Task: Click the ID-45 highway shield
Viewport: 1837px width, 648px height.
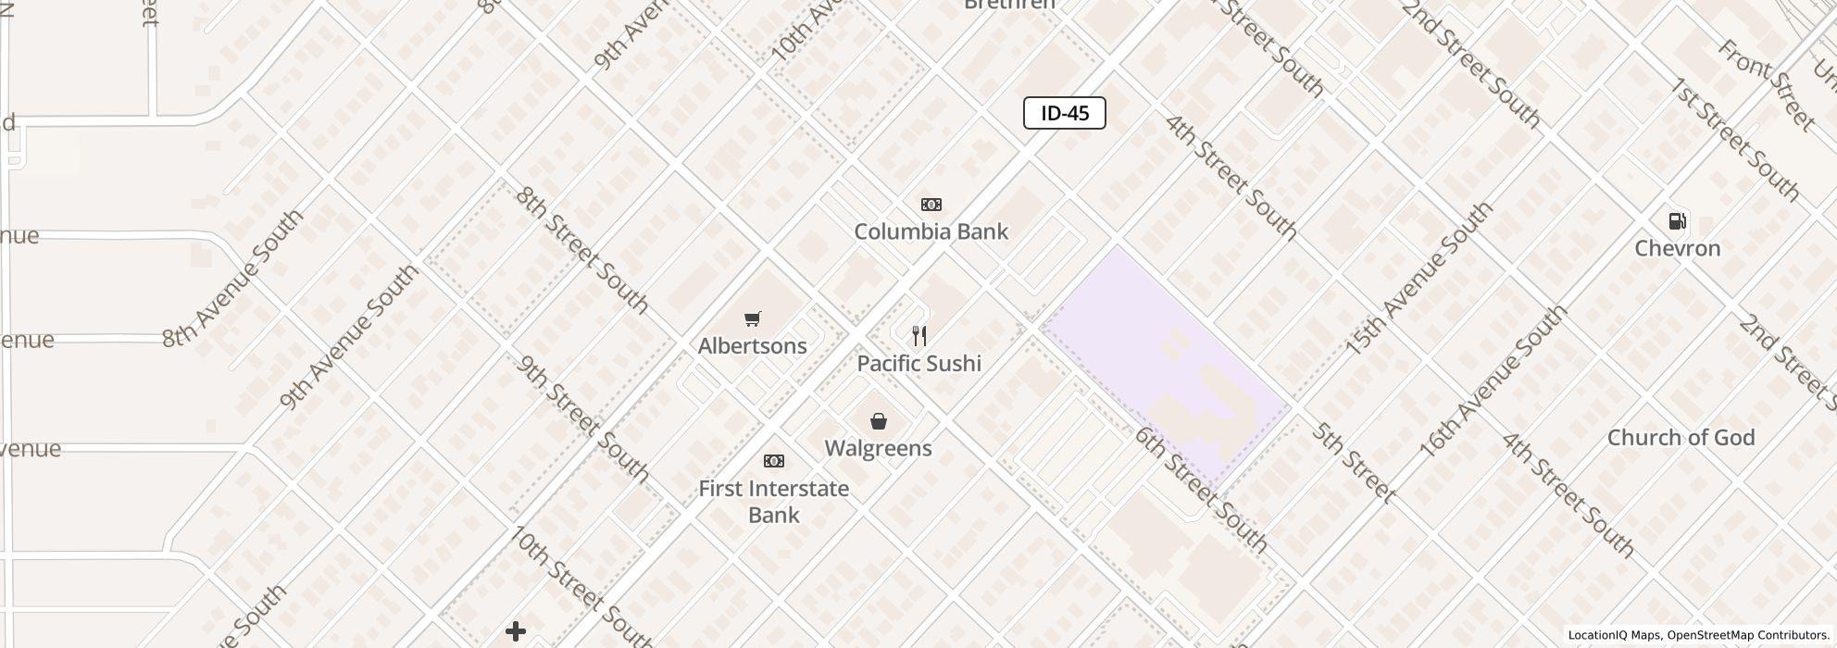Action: pyautogui.click(x=1064, y=113)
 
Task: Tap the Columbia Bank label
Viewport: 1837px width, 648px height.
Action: pyautogui.click(x=931, y=231)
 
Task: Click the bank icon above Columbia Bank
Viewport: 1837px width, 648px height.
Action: pyautogui.click(x=931, y=205)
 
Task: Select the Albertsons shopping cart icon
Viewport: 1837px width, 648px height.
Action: pyautogui.click(x=753, y=319)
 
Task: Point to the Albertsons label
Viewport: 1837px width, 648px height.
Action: pyautogui.click(x=753, y=346)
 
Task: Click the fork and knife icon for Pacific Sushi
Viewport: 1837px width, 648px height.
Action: pyautogui.click(x=919, y=335)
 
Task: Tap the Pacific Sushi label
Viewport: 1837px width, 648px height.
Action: pyautogui.click(x=918, y=363)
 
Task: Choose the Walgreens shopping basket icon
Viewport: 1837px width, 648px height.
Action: pyautogui.click(x=879, y=422)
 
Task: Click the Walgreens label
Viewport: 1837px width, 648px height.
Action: pyautogui.click(x=878, y=448)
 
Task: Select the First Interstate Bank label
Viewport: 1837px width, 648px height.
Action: pyautogui.click(x=773, y=502)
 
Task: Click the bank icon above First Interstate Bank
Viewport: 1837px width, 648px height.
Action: pyautogui.click(x=774, y=461)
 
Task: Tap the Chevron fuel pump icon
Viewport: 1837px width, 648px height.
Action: pyautogui.click(x=1677, y=221)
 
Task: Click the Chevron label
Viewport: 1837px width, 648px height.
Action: pyautogui.click(x=1677, y=248)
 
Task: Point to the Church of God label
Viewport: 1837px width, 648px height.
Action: pyautogui.click(x=1681, y=438)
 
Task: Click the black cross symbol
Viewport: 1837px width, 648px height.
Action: pyautogui.click(x=516, y=631)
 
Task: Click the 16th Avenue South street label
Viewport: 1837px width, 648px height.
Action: pyautogui.click(x=1493, y=380)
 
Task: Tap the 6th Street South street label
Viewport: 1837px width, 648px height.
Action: pyautogui.click(x=1201, y=490)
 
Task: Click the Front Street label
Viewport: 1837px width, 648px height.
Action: pyautogui.click(x=1767, y=84)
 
